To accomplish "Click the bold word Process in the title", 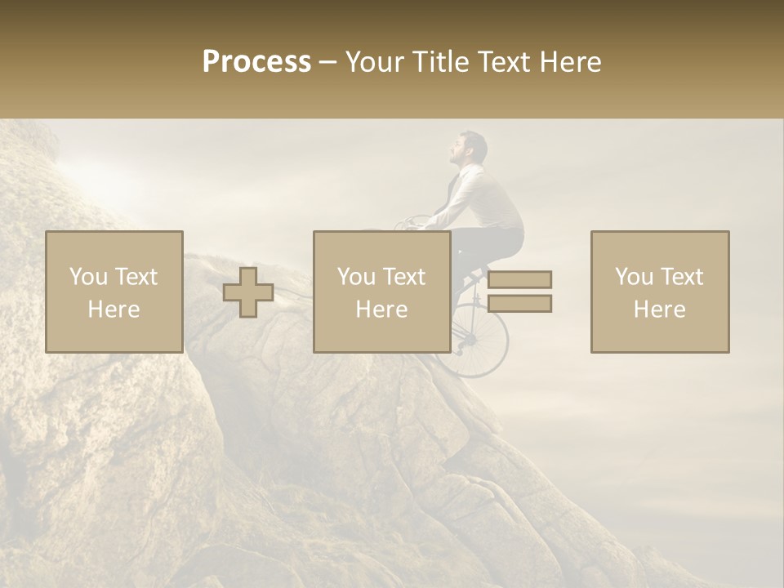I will pyautogui.click(x=256, y=62).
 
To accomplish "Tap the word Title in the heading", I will pyautogui.click(x=438, y=62).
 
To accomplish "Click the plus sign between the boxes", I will pyautogui.click(x=248, y=292).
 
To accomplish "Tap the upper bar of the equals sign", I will pyautogui.click(x=519, y=279).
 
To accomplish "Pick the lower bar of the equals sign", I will pyautogui.click(x=519, y=304).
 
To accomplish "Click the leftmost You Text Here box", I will pyautogui.click(x=114, y=292).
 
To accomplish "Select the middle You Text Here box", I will pyautogui.click(x=382, y=292).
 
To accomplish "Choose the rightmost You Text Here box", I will pyautogui.click(x=660, y=292).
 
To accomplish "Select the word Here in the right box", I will pyautogui.click(x=660, y=310).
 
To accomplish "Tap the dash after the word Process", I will pyautogui.click(x=328, y=63).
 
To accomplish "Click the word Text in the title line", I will pyautogui.click(x=503, y=62).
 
